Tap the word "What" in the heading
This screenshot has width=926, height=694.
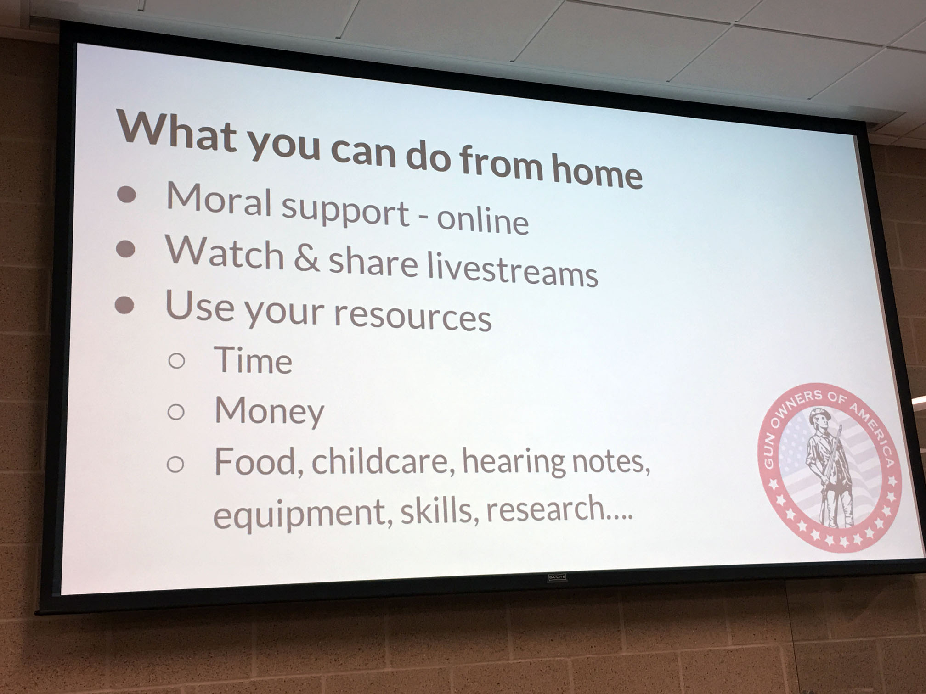pos(177,128)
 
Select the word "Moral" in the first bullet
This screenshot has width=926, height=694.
pos(219,199)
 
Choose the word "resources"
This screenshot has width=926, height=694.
pos(412,316)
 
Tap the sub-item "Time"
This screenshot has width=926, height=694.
pos(253,360)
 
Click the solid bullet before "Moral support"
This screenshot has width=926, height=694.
pos(127,194)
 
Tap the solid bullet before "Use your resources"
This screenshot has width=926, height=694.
pos(124,305)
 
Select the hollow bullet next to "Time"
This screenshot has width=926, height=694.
pos(177,361)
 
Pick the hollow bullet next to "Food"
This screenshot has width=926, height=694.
pos(175,464)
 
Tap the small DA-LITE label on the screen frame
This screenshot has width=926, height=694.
pos(557,577)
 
